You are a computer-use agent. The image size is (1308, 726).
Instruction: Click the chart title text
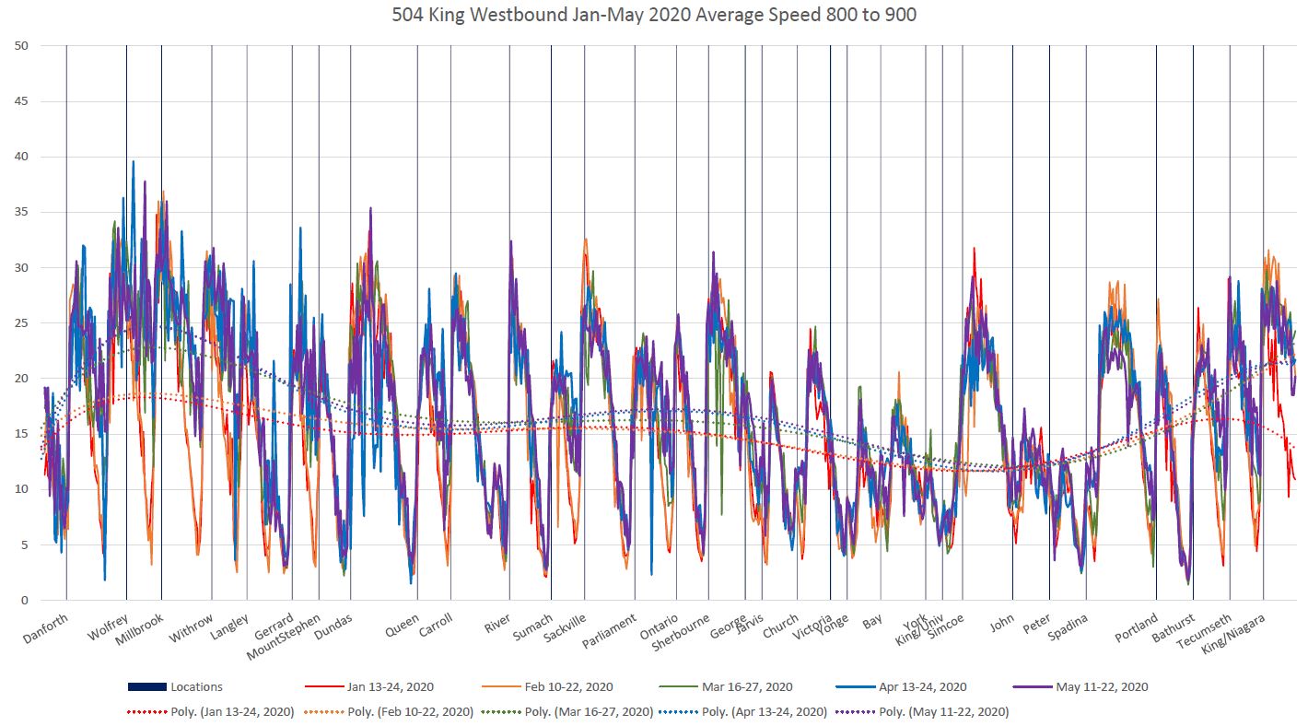point(653,15)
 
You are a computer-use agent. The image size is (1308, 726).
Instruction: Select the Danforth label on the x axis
point(46,630)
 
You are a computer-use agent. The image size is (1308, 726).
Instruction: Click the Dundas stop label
point(333,628)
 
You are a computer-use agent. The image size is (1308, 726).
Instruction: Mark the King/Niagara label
point(1234,637)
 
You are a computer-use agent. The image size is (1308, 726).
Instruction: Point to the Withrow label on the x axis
point(192,628)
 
